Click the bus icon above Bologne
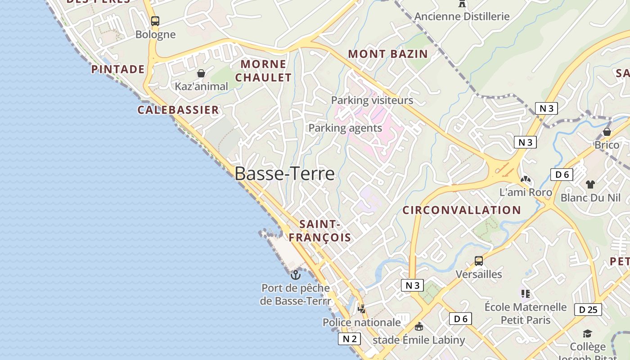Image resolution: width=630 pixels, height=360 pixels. pos(155,21)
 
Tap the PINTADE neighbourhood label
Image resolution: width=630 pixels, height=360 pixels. pos(118,69)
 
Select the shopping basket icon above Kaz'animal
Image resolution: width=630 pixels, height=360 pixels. pos(201,73)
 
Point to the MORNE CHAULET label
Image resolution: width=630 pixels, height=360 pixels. pos(263,71)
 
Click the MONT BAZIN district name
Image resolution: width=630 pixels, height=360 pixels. pos(388,54)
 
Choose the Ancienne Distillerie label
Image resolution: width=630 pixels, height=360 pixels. pos(462,17)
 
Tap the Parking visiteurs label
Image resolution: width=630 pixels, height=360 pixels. pos(372,100)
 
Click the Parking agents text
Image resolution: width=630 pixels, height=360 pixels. pos(345,128)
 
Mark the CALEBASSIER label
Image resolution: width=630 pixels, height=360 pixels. pos(178,110)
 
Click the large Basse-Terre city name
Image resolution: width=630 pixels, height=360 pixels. pos(284,174)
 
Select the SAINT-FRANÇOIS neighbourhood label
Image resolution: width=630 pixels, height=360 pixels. pos(319,231)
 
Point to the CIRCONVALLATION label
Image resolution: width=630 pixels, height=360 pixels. pos(461,210)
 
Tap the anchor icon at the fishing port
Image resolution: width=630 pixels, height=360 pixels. pos(296,274)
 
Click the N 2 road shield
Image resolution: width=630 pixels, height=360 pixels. pos(349,339)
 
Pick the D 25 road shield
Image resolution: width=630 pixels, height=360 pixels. pos(588,310)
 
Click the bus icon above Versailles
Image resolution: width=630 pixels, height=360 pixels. pos(479,261)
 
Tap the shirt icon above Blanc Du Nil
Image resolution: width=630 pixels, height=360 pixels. pos(590,184)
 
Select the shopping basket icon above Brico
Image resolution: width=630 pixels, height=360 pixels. pos(607,132)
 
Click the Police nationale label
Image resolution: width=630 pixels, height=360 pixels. pos(361,322)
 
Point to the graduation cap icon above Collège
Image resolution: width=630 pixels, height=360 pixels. pos(587,333)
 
